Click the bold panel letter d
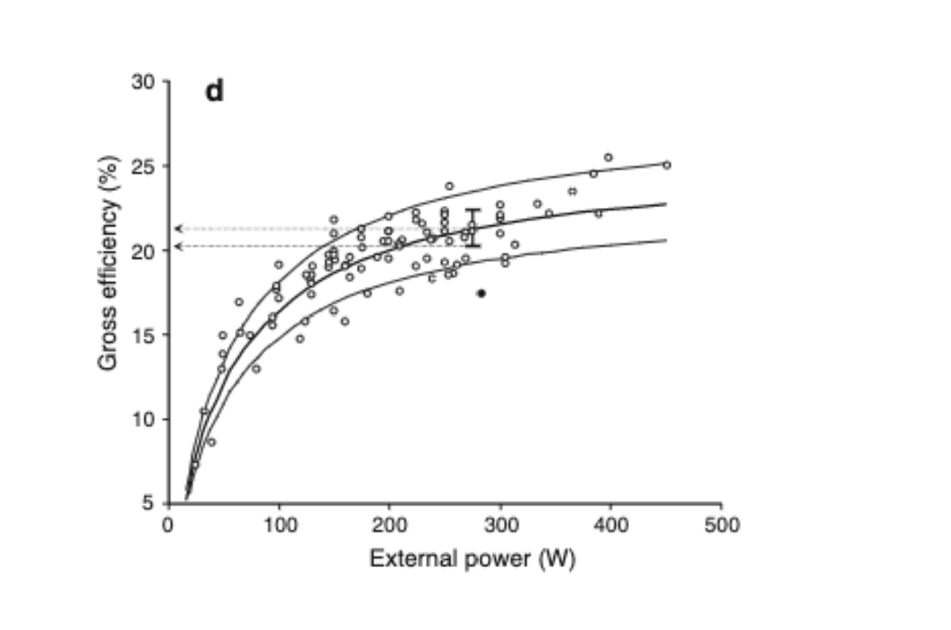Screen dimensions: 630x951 (214, 91)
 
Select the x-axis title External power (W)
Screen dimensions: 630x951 (472, 560)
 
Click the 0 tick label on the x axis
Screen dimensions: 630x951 (168, 525)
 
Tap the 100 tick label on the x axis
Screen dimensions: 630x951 (279, 525)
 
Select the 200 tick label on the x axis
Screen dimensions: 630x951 (389, 525)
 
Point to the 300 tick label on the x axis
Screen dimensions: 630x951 (500, 525)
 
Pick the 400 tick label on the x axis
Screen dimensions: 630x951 (610, 525)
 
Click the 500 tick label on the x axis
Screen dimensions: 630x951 (721, 525)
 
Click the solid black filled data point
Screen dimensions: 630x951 (481, 293)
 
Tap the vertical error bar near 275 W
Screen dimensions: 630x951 (472, 228)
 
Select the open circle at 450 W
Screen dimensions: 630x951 (666, 165)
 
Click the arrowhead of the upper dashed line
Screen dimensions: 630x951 (179, 228)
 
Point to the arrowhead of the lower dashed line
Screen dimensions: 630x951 (179, 246)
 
